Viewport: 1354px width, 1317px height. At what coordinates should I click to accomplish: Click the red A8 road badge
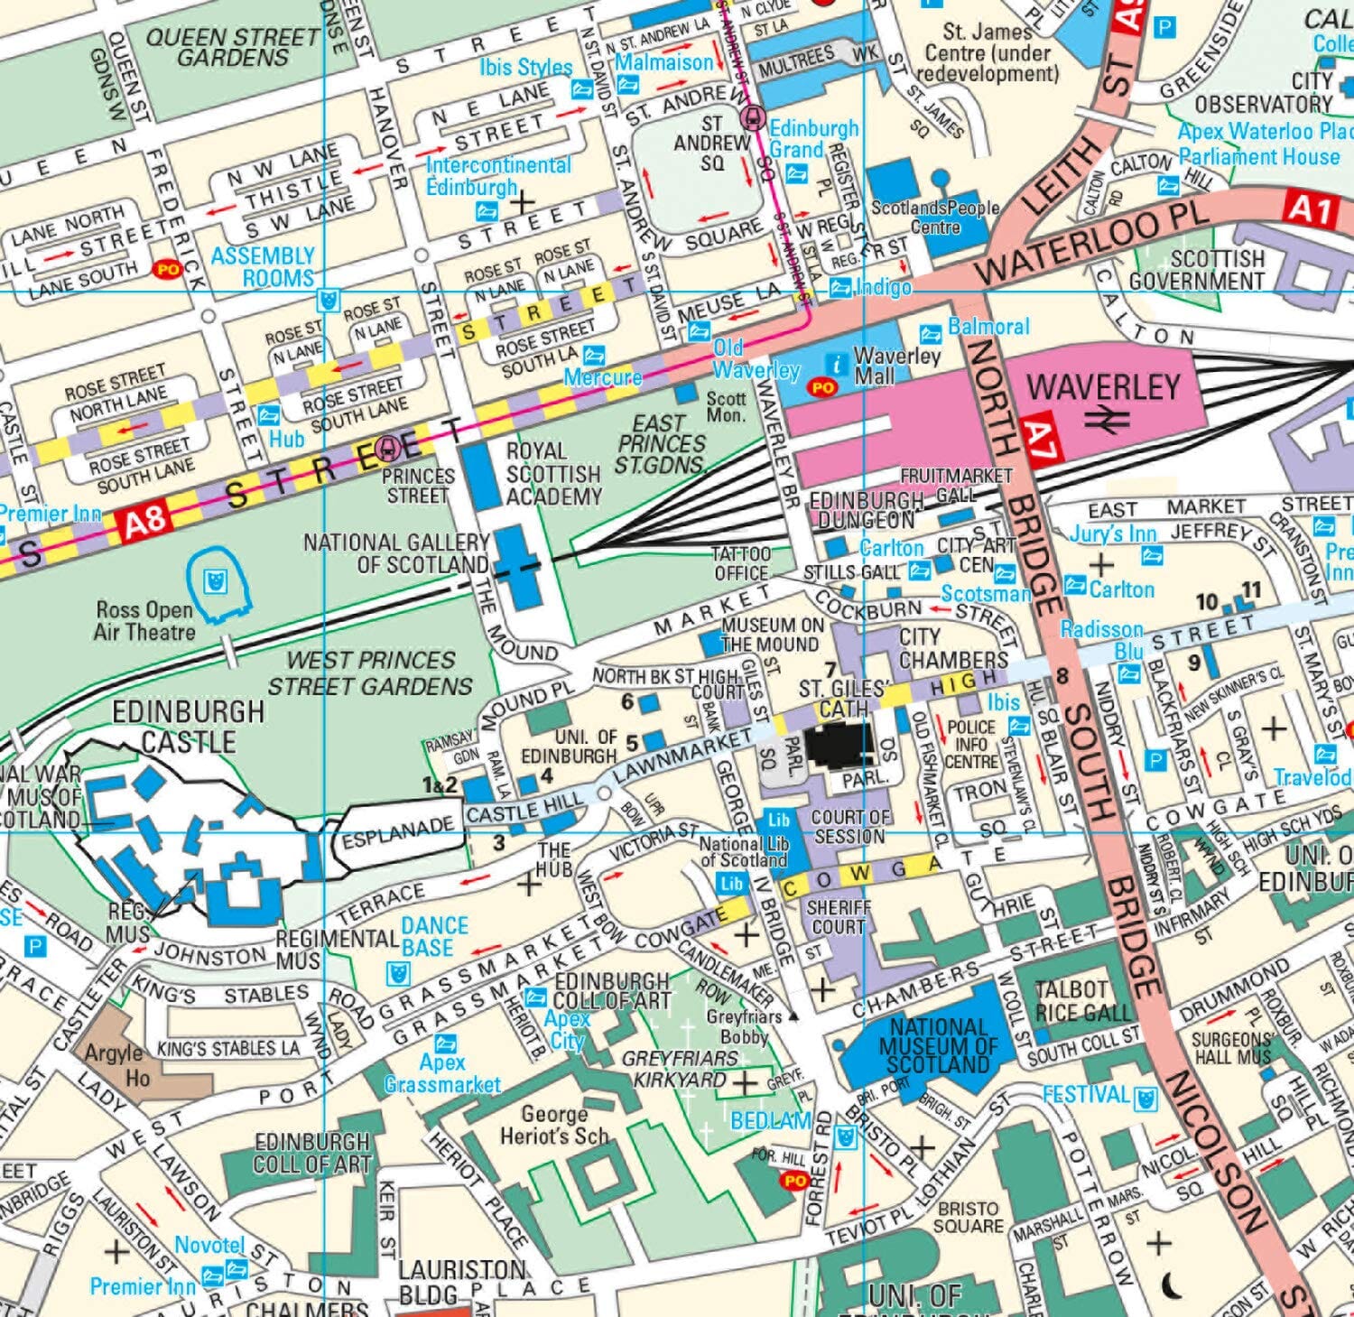pos(142,521)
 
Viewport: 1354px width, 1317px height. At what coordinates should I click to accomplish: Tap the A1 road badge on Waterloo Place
pos(1310,209)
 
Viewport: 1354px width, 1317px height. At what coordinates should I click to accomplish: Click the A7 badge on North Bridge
pos(1039,440)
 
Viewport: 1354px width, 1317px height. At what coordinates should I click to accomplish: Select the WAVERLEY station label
pos(1103,387)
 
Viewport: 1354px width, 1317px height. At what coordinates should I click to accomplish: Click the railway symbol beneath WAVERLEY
pos(1108,419)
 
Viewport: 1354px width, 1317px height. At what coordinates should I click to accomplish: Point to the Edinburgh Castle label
pos(189,727)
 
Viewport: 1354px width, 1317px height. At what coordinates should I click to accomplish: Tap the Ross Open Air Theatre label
pos(144,620)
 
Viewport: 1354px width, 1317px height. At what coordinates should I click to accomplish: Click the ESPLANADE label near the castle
pos(398,830)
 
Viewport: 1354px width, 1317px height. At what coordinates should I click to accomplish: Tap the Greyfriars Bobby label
pos(743,1026)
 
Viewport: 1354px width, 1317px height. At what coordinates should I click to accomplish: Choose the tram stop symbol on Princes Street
pos(390,445)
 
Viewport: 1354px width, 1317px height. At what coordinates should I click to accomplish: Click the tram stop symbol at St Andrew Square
pos(752,117)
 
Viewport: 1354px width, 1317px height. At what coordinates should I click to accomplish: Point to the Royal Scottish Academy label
pos(553,473)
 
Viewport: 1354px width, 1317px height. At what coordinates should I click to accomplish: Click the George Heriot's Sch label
pos(554,1126)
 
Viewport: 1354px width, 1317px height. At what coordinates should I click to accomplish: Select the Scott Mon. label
pos(726,406)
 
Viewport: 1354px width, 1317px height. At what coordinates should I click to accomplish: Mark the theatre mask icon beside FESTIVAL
pos(1146,1098)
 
